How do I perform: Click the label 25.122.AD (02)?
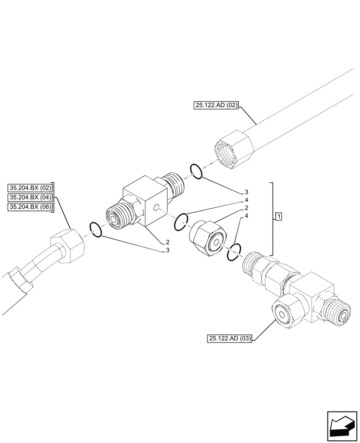tap(216, 105)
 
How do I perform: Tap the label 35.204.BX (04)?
tap(30, 197)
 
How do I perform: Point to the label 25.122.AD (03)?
tap(229, 339)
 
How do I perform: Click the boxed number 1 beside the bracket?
tap(278, 216)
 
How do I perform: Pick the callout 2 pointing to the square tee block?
tap(168, 242)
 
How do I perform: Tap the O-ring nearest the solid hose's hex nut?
tap(196, 171)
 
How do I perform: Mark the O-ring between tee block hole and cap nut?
tap(181, 221)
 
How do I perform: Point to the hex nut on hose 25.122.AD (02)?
tap(233, 149)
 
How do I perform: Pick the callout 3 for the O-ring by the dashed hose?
tap(168, 251)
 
